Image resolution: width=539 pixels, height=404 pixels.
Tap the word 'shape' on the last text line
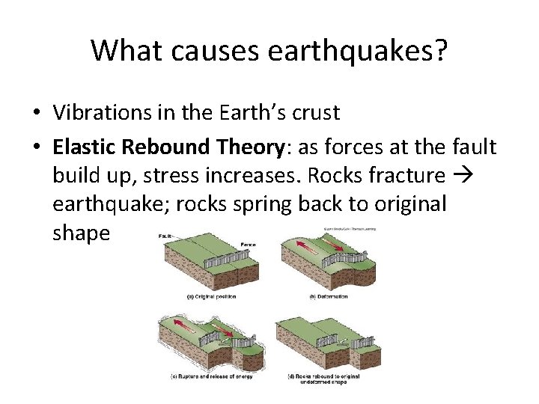81,233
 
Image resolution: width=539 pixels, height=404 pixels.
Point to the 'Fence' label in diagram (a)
248,244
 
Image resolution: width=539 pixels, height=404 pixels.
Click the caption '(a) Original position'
211,296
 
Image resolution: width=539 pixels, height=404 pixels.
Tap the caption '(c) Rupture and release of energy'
212,376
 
